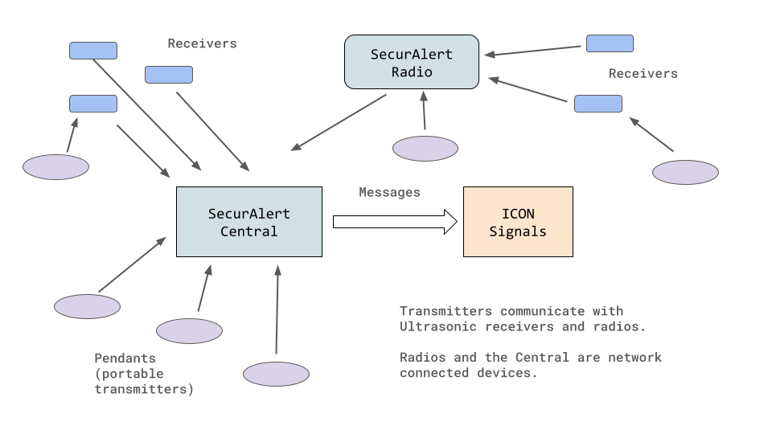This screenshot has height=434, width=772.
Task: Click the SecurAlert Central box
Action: click(248, 222)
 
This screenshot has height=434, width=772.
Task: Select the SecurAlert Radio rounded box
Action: click(412, 62)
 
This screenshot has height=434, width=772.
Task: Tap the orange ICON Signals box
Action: click(518, 222)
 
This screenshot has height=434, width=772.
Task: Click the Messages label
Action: click(389, 193)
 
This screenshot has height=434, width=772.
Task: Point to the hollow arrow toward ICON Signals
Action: click(394, 221)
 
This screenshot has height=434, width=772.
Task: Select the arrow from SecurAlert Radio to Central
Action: click(338, 122)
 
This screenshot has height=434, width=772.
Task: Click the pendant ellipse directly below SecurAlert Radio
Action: click(425, 149)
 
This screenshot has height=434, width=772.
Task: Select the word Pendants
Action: click(125, 358)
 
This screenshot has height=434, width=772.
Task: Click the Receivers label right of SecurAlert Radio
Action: click(643, 74)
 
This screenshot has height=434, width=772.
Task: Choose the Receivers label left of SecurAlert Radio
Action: click(202, 44)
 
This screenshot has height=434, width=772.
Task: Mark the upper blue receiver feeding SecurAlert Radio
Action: click(610, 43)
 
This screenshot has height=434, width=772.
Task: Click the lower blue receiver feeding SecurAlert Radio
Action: click(598, 104)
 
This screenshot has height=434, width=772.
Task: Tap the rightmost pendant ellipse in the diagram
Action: click(685, 173)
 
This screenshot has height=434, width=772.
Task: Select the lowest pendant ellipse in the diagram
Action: click(276, 374)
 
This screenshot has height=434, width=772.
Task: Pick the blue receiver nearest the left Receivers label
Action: click(169, 75)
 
